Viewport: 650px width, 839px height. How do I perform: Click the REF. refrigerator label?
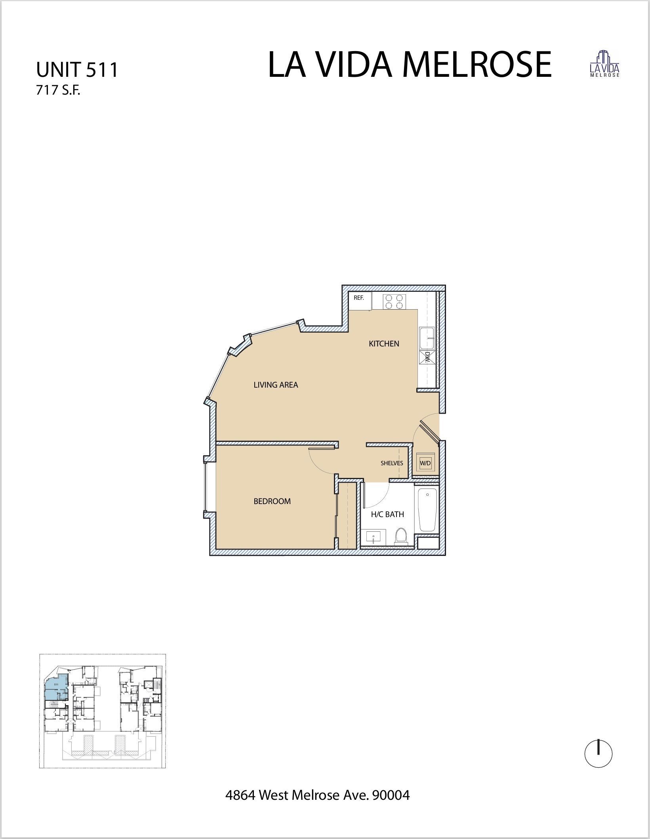coord(359,298)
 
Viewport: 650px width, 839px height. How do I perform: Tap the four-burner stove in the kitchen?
coord(394,302)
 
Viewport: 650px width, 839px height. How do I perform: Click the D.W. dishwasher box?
coord(427,358)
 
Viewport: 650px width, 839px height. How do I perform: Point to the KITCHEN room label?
coord(384,344)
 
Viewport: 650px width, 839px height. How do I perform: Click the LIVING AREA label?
coord(276,384)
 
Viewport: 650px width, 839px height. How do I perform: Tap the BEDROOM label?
coord(272,501)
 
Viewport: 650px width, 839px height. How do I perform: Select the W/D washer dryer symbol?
coord(425,462)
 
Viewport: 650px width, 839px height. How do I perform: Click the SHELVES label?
coord(392,463)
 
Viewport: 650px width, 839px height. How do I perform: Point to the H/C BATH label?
coord(387,514)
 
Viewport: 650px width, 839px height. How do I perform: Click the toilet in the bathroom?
coord(401,536)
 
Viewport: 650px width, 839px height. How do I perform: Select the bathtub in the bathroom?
coord(427,510)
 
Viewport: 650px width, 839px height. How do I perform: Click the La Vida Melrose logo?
coord(604,64)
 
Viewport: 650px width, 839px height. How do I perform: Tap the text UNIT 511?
coord(77,70)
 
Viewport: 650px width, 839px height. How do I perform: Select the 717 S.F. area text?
coord(58,91)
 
